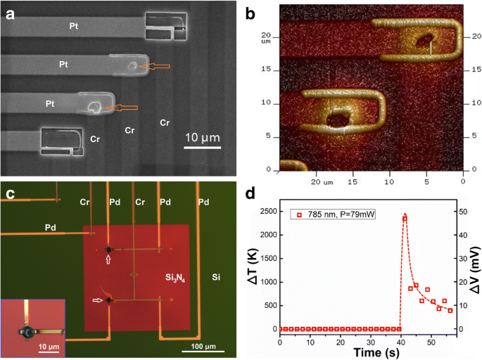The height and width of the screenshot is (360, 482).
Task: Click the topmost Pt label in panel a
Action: click(73, 25)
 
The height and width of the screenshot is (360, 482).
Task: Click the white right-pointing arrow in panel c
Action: click(99, 300)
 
